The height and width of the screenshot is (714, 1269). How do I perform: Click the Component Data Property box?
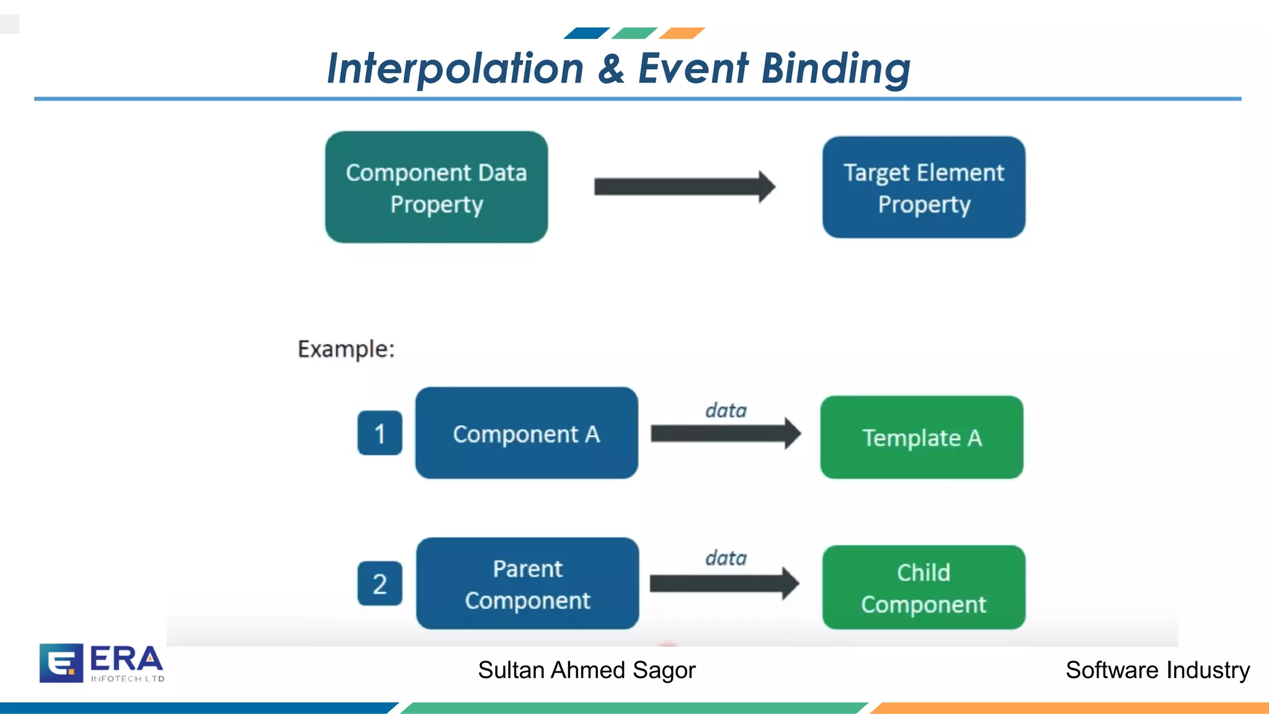pyautogui.click(x=436, y=187)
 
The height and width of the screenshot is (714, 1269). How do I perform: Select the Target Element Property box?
pyautogui.click(x=923, y=187)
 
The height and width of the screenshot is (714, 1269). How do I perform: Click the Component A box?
pyautogui.click(x=526, y=433)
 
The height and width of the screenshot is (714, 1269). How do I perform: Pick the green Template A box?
pyautogui.click(x=921, y=438)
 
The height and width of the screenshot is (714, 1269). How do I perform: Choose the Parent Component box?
pyautogui.click(x=527, y=584)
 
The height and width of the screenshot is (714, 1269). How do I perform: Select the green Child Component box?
pyautogui.click(x=923, y=588)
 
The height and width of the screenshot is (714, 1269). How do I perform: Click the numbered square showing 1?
pyautogui.click(x=380, y=433)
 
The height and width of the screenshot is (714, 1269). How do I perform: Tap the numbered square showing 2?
pyautogui.click(x=380, y=584)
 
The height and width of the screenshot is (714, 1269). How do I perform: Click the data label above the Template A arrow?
pyautogui.click(x=726, y=410)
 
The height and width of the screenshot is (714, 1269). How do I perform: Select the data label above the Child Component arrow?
pyautogui.click(x=726, y=558)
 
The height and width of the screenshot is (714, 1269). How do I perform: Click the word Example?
pyautogui.click(x=346, y=349)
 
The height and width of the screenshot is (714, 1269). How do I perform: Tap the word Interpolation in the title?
pyautogui.click(x=455, y=68)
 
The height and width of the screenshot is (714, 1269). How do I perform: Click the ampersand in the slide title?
pyautogui.click(x=611, y=68)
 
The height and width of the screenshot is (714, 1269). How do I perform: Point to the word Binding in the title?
pyautogui.click(x=835, y=68)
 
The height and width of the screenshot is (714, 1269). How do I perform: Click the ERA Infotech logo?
pyautogui.click(x=102, y=663)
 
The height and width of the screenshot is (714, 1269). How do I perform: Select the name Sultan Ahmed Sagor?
pyautogui.click(x=586, y=670)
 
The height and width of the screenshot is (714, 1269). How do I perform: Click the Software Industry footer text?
pyautogui.click(x=1157, y=670)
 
